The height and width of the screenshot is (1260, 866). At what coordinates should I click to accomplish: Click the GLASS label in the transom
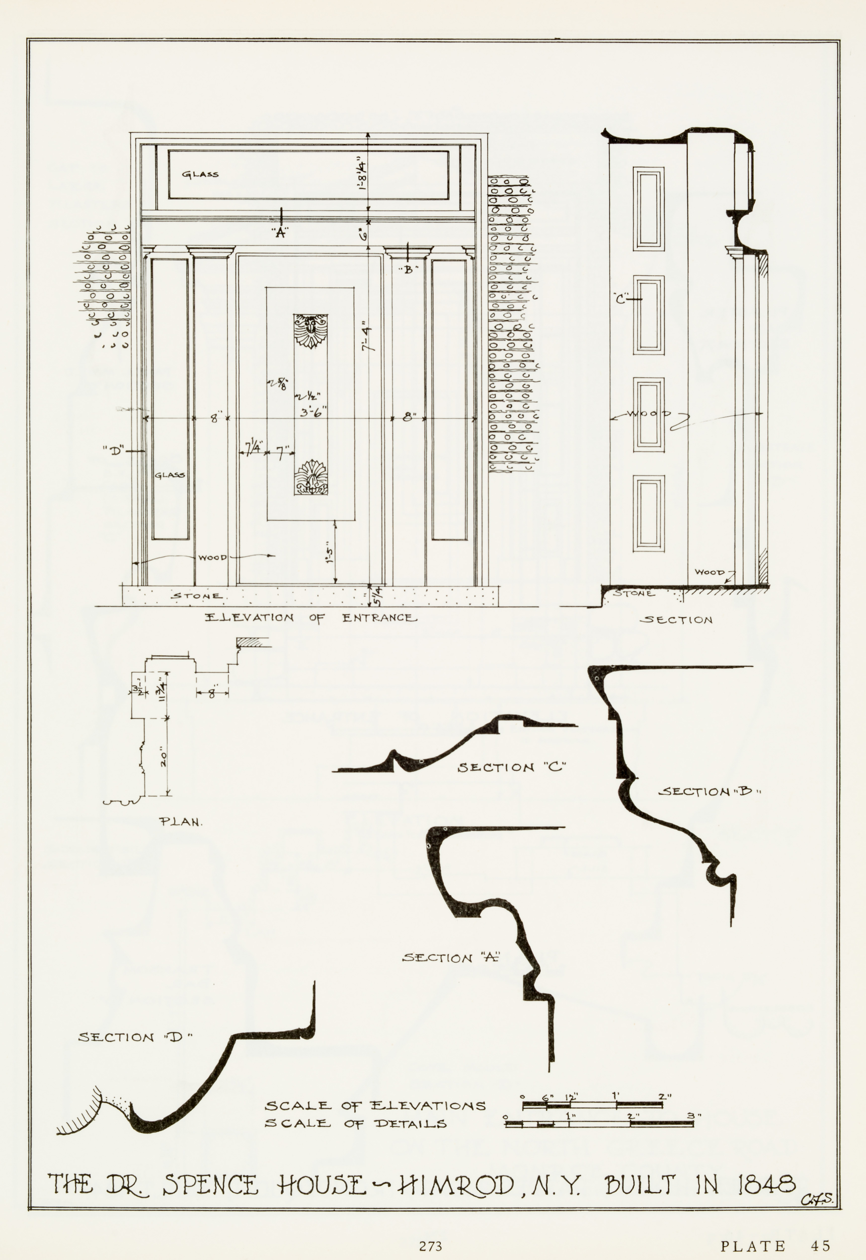coord(200,174)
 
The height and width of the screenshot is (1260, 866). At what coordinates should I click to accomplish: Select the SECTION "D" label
coord(136,1037)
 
